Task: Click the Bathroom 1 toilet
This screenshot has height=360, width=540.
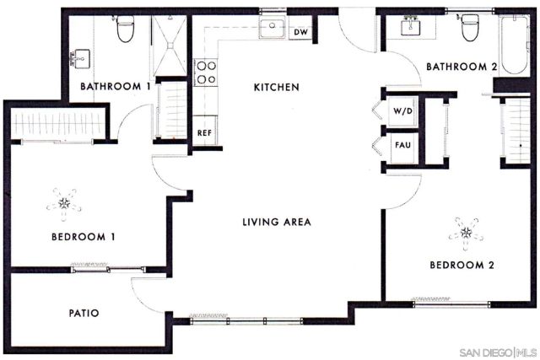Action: (x=126, y=30)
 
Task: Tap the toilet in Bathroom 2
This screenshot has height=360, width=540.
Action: (x=467, y=30)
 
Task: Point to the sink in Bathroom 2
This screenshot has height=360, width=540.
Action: (x=413, y=25)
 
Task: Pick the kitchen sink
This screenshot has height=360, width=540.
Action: (x=272, y=30)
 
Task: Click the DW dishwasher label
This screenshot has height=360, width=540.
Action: (x=300, y=32)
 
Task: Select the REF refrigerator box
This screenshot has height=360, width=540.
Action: (x=204, y=132)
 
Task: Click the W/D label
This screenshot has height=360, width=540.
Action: (x=401, y=111)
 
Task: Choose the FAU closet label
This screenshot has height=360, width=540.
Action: (x=402, y=144)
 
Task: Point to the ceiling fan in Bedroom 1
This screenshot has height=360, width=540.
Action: (x=64, y=202)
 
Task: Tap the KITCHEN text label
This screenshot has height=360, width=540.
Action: (x=277, y=88)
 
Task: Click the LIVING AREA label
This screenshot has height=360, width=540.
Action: (x=277, y=223)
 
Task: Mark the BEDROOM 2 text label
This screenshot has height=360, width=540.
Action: (x=462, y=265)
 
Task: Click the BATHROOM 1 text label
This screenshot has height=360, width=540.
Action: (x=115, y=86)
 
